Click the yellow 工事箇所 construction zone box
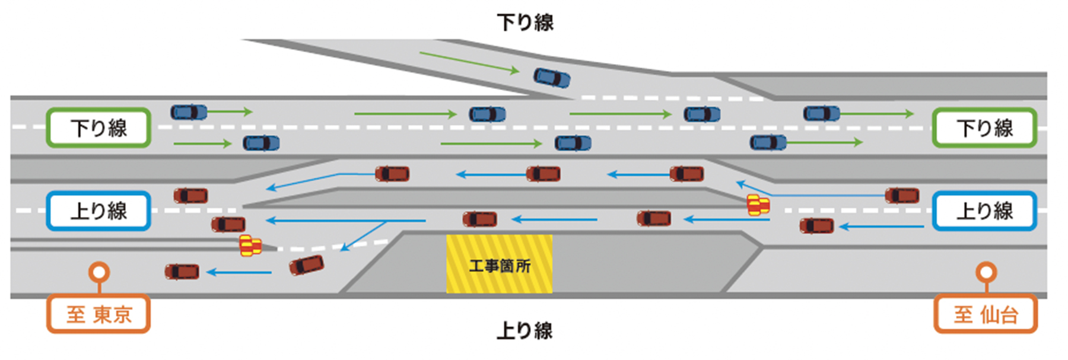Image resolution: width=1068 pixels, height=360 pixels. coord(499,264)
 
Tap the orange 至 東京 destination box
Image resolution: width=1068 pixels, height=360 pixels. coord(98,314)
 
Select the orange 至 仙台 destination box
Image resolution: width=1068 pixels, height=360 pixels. coord(986,314)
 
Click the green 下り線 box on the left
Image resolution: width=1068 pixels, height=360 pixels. coord(98,128)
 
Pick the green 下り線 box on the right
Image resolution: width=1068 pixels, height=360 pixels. coord(984,128)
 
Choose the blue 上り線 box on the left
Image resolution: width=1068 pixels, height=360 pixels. coord(98,211)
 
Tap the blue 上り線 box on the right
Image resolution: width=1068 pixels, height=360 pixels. coord(984,211)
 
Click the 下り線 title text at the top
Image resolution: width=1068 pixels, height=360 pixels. coord(525,23)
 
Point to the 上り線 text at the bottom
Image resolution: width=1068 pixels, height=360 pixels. coord(525,330)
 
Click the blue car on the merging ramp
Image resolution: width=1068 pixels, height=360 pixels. coord(552,78)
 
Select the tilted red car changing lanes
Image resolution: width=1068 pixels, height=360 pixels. coord(306,265)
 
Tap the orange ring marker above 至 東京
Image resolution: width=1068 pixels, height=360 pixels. coord(99,272)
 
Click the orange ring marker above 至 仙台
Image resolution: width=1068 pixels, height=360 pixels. coord(986,272)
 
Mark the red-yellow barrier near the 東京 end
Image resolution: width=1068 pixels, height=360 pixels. coord(250,245)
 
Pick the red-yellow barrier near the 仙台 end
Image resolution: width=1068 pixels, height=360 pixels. coord(758,205)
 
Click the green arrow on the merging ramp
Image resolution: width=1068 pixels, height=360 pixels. coord(469,62)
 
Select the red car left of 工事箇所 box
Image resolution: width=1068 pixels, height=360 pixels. coord(479,219)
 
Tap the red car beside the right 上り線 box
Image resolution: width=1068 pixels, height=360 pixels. coord(902,195)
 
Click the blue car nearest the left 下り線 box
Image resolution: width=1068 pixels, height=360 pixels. coord(189,112)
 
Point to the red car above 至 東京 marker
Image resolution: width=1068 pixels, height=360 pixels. coord(182,272)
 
